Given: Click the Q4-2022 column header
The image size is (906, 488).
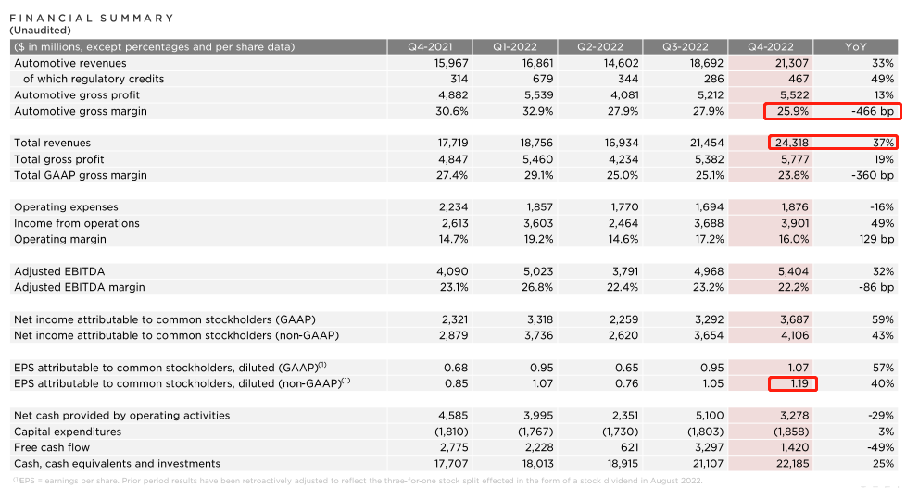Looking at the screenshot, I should pos(770,46).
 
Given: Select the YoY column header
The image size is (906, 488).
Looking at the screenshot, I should pos(856,46).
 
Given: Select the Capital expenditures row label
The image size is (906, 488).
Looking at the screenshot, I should pos(68,432).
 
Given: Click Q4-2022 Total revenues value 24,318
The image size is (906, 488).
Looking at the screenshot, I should pos(789,144).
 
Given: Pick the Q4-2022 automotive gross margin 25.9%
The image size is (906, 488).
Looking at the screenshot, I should pos(793,111).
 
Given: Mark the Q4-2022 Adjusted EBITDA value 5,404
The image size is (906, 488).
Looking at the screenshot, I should pos(792,271).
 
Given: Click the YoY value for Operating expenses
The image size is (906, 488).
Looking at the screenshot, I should pos(882,207).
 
